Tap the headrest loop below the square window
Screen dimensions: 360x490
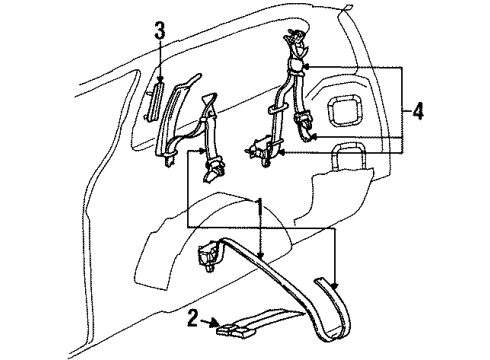[349, 156]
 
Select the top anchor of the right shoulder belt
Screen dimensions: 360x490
[295, 45]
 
